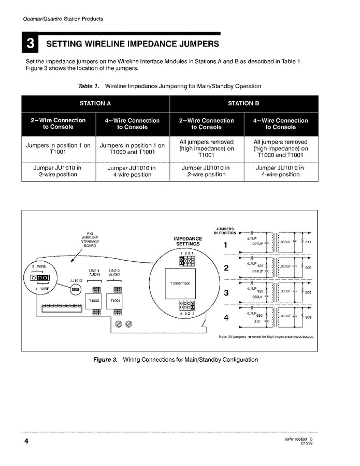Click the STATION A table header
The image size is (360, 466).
click(95, 103)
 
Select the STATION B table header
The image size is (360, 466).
click(243, 103)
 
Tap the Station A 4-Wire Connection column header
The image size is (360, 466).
click(132, 123)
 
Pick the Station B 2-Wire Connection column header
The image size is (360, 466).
click(206, 123)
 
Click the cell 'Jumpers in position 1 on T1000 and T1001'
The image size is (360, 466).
click(132, 149)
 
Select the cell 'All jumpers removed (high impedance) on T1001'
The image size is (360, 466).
click(206, 148)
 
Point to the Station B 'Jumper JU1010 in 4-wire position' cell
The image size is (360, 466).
click(280, 171)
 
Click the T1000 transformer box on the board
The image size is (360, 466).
click(94, 301)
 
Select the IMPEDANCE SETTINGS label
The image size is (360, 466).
click(188, 241)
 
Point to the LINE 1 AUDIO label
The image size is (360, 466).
click(94, 272)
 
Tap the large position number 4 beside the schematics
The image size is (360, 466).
click(226, 318)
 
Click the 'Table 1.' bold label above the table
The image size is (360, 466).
click(88, 86)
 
